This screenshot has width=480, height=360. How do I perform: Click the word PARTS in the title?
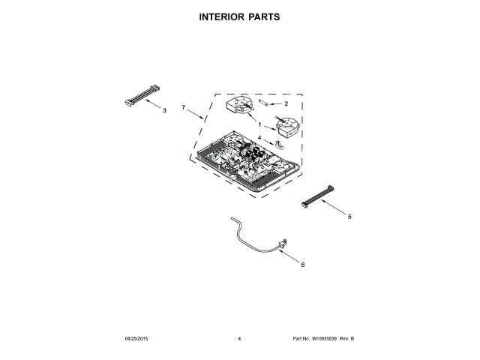pos(265,16)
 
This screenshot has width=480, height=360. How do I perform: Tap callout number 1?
pos(260,125)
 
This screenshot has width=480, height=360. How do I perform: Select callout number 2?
pos(286,103)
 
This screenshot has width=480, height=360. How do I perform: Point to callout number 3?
pos(165,110)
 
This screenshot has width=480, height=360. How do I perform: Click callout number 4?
pos(260,138)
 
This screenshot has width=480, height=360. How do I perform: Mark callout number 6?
pos(302,264)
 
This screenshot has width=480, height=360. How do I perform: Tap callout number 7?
pos(183,108)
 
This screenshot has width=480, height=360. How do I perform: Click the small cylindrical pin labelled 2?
pos(265,102)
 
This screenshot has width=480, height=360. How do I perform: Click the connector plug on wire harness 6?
pos(284,242)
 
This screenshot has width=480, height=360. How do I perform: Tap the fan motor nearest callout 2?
pos(241,107)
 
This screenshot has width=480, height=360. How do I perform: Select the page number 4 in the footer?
pos(239,339)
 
